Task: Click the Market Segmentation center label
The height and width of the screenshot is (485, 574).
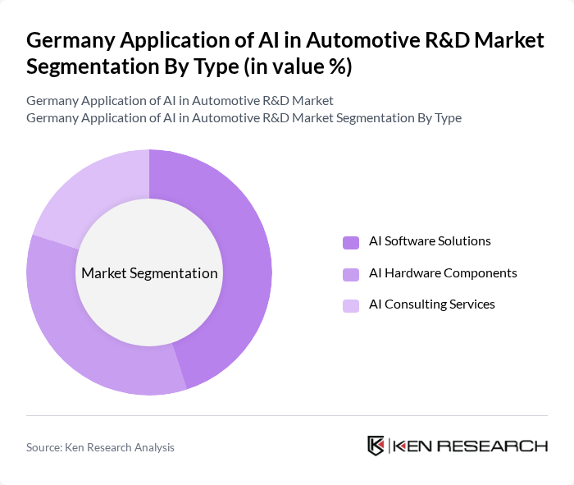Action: click(149, 273)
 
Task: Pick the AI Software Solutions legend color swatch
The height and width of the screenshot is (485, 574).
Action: click(351, 242)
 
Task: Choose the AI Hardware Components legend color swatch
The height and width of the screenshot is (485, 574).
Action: click(351, 273)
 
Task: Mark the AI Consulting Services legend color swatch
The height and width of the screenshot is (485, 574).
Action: click(351, 305)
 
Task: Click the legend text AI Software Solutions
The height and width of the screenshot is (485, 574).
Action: click(430, 241)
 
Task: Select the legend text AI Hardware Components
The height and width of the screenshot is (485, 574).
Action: click(443, 272)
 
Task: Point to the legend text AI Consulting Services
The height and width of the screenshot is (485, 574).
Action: click(431, 304)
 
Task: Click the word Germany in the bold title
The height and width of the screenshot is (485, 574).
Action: click(66, 40)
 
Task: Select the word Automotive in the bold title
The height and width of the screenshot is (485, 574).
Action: click(326, 40)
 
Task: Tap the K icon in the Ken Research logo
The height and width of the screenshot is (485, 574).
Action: click(376, 446)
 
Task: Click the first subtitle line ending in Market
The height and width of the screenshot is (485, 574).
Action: click(180, 101)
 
